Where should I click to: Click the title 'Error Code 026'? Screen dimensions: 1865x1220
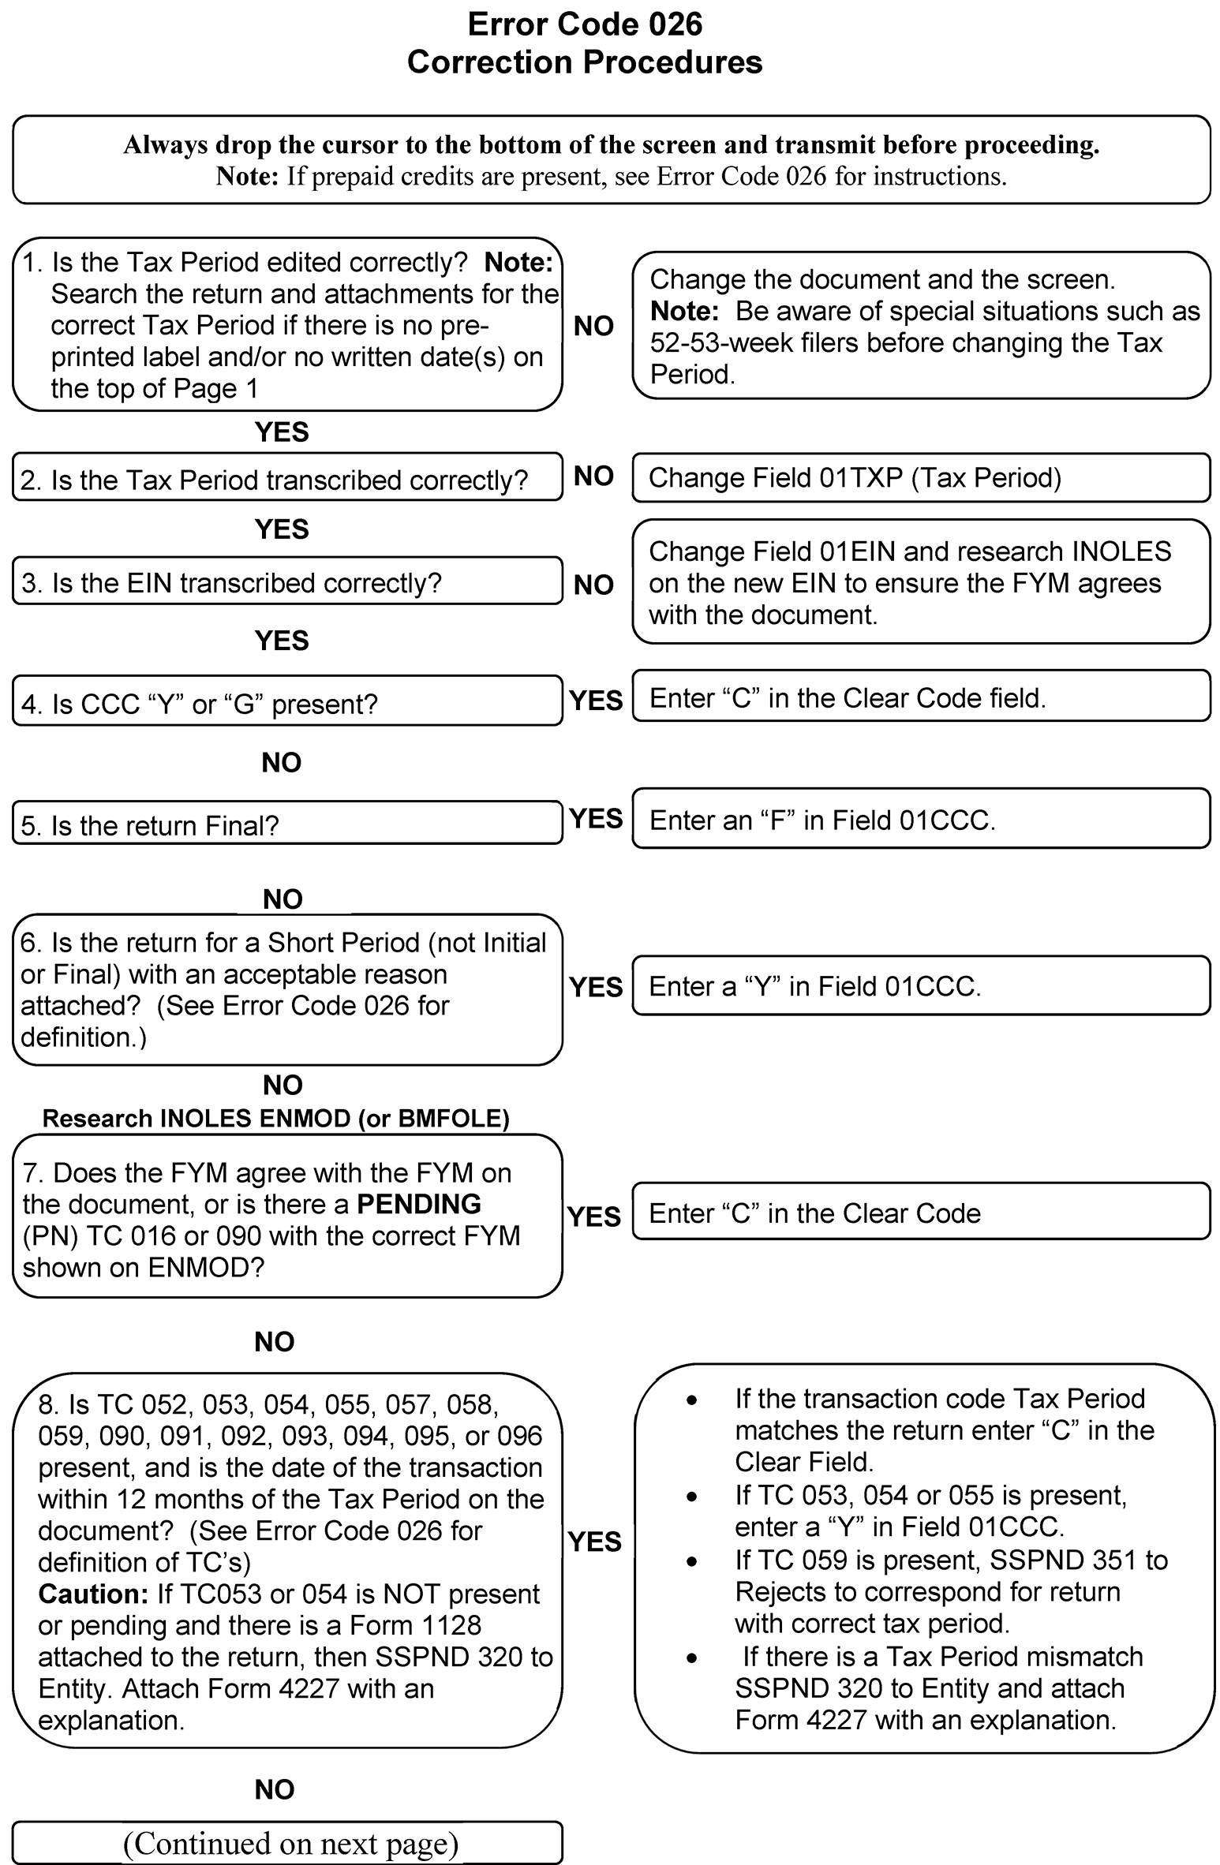(x=585, y=24)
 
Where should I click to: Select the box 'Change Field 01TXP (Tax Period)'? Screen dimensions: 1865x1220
(x=920, y=478)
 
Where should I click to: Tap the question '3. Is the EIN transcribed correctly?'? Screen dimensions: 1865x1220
(x=287, y=582)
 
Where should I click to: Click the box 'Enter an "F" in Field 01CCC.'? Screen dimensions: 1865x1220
(x=920, y=820)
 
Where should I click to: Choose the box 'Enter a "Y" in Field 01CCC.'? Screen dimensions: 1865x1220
(x=920, y=986)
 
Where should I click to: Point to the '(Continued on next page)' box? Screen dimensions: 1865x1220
(x=287, y=1843)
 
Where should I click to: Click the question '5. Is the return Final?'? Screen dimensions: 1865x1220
(x=287, y=824)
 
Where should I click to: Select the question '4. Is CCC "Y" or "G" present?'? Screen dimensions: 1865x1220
(x=287, y=702)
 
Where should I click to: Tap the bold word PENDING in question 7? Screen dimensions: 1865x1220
(x=419, y=1204)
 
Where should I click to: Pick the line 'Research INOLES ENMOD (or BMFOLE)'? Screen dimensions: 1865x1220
(x=275, y=1118)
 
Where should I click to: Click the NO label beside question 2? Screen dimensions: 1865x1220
(x=593, y=476)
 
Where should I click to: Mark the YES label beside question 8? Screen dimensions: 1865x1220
(x=594, y=1541)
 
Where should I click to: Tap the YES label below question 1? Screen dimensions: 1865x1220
(x=282, y=432)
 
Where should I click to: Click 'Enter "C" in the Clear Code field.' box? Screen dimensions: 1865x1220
(x=920, y=697)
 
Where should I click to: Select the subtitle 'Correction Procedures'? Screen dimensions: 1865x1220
(x=585, y=62)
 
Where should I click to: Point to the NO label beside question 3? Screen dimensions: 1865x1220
(x=593, y=585)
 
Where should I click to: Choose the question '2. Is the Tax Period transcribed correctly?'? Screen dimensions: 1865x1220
(x=287, y=479)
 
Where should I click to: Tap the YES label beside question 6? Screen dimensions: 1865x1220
(x=596, y=987)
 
